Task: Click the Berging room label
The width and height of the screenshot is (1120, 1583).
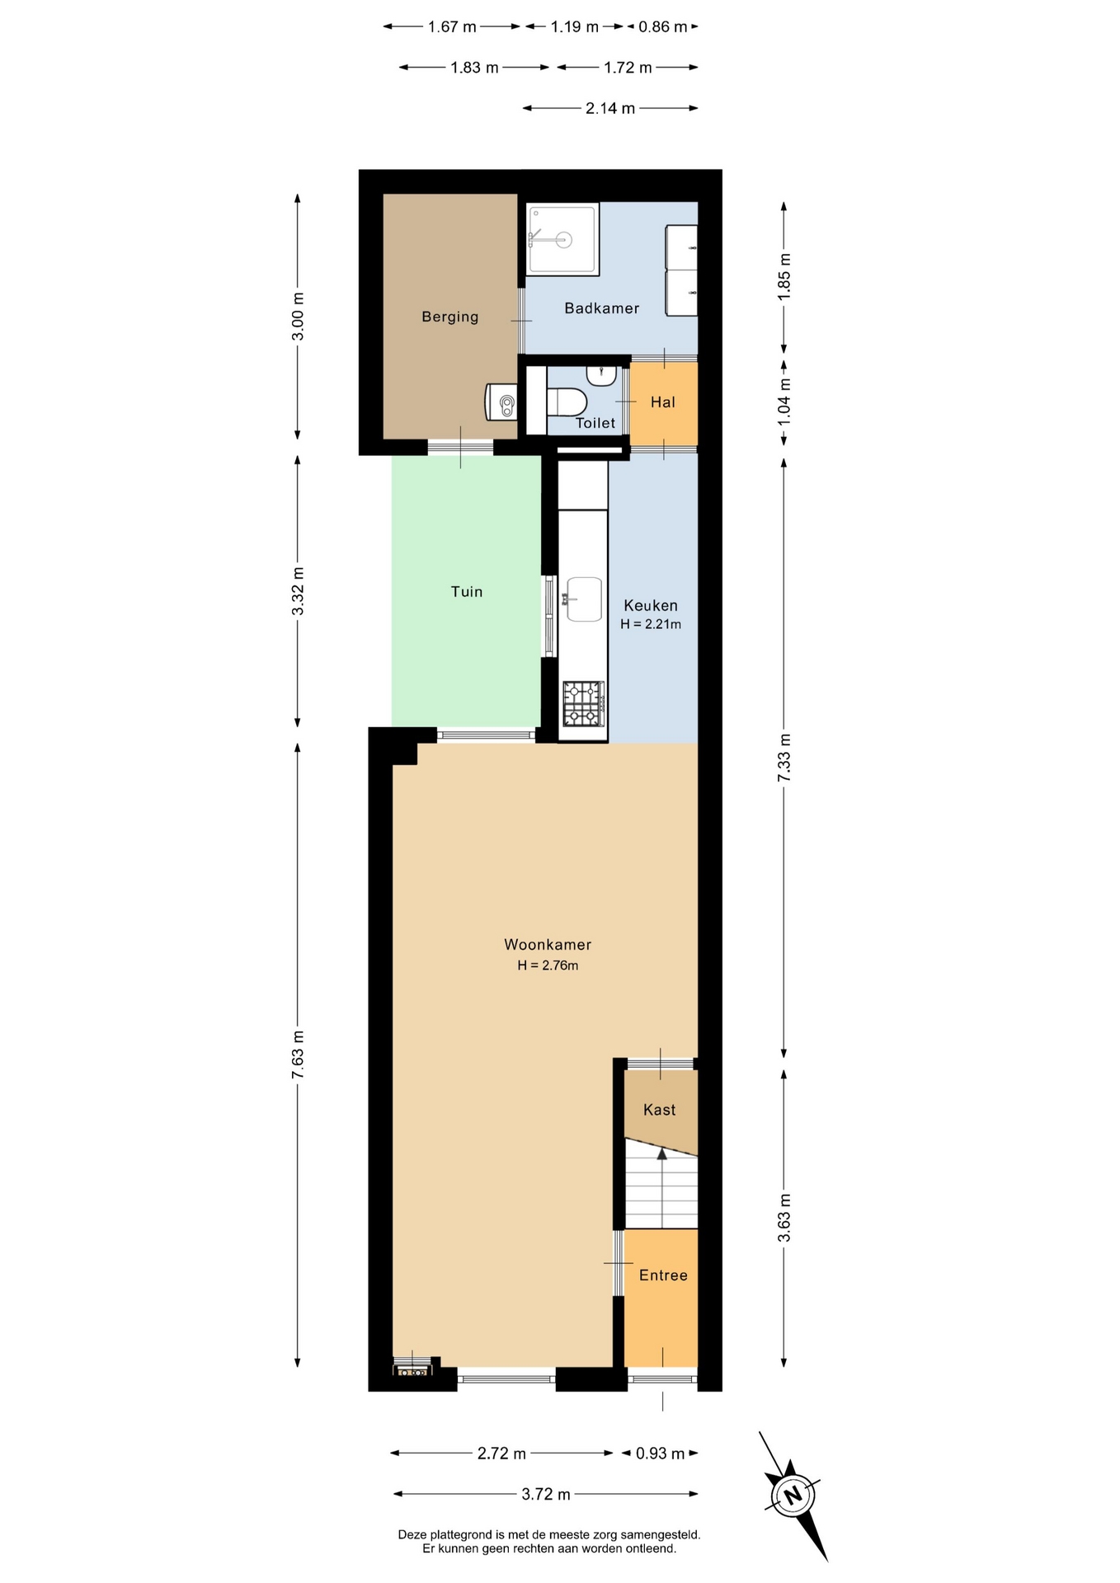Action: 449,317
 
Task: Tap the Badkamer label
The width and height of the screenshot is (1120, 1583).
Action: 601,308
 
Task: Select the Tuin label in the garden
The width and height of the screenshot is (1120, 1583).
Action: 466,591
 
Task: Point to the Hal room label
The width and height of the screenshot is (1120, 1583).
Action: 662,402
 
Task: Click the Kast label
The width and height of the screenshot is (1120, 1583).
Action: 659,1110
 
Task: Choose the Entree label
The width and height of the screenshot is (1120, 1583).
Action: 663,1275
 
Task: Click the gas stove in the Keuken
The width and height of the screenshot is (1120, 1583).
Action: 583,703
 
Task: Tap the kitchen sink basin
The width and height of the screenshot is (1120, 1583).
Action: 584,599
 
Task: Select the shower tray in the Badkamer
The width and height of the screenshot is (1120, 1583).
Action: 562,239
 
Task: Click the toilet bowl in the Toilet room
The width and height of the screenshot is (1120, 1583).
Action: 567,402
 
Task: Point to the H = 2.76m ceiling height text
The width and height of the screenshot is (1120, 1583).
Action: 548,965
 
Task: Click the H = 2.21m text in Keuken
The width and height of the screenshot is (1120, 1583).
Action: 651,624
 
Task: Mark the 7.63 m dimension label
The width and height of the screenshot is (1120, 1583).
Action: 298,1055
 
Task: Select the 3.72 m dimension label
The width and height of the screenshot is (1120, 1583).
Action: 546,1494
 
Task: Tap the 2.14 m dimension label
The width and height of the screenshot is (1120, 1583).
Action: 610,108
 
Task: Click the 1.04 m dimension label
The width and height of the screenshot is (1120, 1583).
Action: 784,402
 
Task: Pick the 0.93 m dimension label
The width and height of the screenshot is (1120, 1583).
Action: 660,1453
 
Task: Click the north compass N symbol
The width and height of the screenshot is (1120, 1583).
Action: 793,1496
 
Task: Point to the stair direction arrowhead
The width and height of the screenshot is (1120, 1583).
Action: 661,1153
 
